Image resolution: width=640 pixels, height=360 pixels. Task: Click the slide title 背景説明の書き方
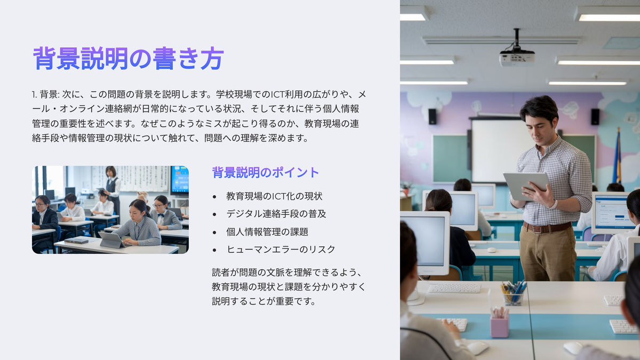(x=129, y=59)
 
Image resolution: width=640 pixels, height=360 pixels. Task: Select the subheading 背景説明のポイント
(x=266, y=173)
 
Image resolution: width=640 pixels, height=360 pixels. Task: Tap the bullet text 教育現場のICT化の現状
(x=274, y=196)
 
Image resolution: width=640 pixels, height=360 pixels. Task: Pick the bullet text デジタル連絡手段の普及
(x=276, y=214)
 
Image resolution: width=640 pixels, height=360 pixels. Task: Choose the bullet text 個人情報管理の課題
(x=267, y=231)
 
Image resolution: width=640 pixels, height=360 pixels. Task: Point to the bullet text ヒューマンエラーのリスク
(x=281, y=250)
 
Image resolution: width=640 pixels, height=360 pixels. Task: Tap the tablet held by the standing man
(x=526, y=185)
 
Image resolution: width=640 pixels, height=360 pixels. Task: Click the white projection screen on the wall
(x=501, y=150)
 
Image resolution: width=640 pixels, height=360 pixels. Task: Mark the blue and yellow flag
(x=617, y=157)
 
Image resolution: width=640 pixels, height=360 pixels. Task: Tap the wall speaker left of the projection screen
(x=433, y=117)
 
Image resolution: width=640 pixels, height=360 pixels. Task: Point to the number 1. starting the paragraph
(x=34, y=94)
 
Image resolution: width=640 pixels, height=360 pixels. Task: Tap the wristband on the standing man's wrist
(x=554, y=205)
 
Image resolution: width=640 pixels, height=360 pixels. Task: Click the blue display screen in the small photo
(x=180, y=180)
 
